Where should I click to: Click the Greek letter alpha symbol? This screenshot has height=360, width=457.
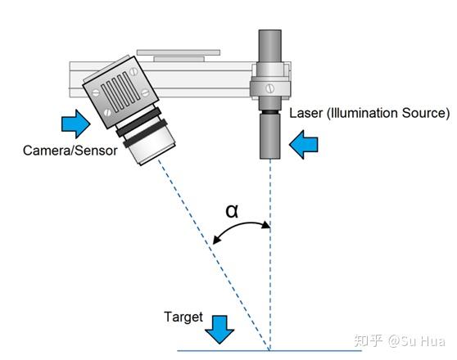(233, 211)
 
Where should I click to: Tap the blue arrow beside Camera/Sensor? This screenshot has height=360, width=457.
(76, 124)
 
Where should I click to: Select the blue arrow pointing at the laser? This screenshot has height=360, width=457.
(303, 145)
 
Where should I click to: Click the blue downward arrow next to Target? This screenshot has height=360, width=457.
(219, 330)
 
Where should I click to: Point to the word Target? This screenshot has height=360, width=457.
(183, 317)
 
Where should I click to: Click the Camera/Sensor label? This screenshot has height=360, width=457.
(70, 151)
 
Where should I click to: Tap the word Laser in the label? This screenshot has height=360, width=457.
(306, 113)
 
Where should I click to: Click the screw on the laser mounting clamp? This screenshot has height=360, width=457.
(270, 88)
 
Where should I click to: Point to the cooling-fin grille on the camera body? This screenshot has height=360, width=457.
(120, 92)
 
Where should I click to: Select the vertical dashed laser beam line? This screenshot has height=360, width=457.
(270, 254)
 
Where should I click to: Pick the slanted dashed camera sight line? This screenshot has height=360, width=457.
(214, 254)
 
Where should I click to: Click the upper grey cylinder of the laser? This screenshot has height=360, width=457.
(270, 46)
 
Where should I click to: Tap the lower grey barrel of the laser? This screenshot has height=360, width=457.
(270, 137)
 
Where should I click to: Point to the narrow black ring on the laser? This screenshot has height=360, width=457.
(270, 112)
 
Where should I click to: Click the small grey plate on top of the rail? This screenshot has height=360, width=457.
(179, 59)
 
